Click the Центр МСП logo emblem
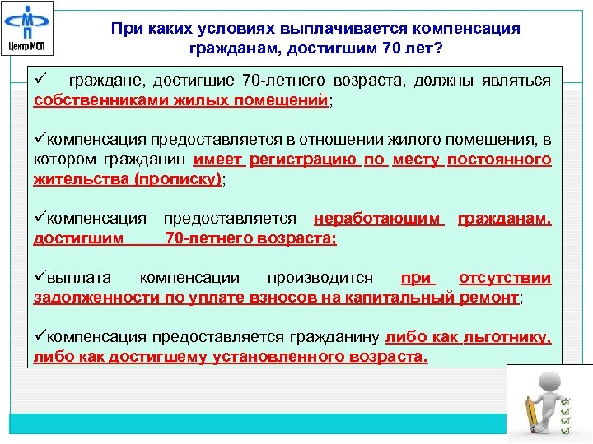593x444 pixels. (x=27, y=21)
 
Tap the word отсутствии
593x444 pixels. (x=505, y=280)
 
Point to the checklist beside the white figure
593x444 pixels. (x=565, y=415)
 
